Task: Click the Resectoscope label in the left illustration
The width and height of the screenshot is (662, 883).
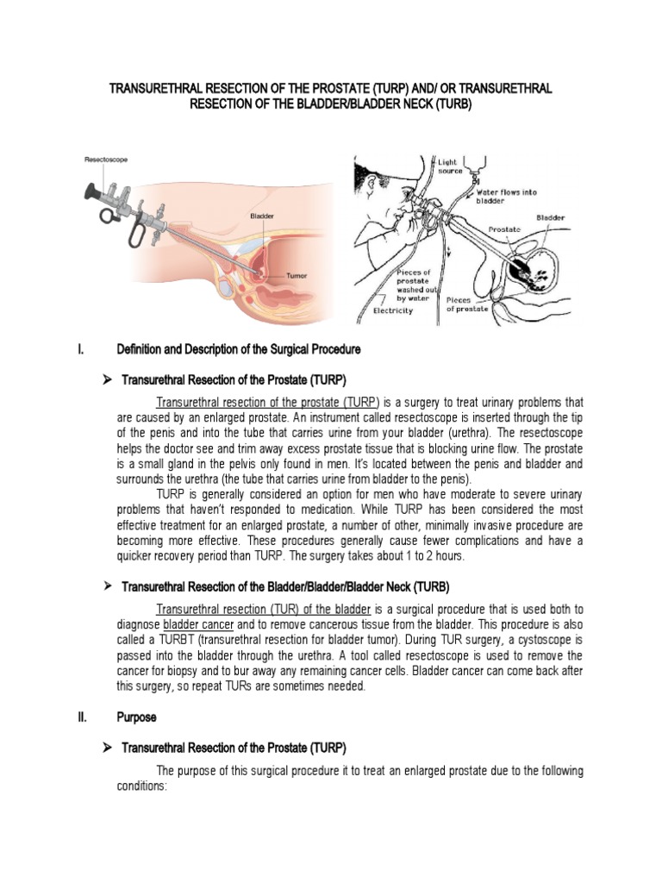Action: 107,160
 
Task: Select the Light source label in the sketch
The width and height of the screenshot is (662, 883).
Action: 451,166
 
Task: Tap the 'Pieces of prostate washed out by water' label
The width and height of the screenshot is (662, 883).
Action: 410,284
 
